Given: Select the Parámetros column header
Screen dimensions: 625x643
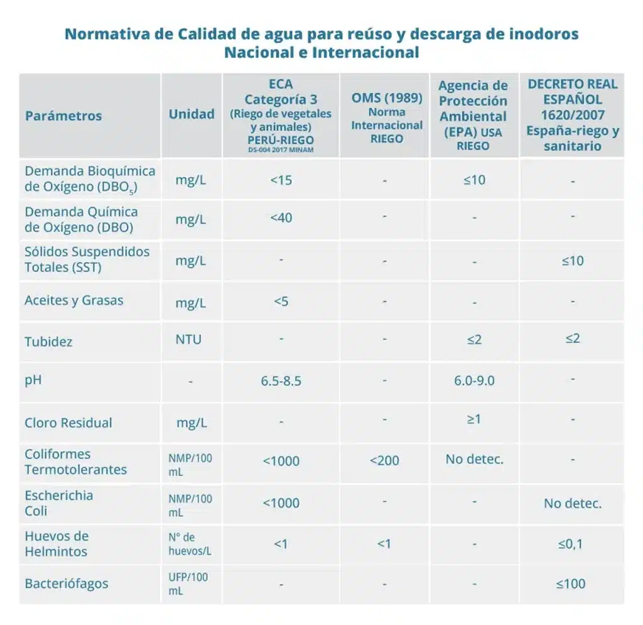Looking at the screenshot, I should pyautogui.click(x=63, y=116).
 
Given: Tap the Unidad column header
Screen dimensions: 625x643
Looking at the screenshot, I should pyautogui.click(x=192, y=114).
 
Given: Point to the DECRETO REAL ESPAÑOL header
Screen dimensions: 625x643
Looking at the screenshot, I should pyautogui.click(x=572, y=115).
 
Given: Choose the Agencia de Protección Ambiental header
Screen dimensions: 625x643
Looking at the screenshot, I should pyautogui.click(x=473, y=116).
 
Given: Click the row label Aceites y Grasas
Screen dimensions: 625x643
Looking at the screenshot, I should pyautogui.click(x=74, y=300).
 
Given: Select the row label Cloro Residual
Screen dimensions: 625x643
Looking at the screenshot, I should pyautogui.click(x=68, y=423).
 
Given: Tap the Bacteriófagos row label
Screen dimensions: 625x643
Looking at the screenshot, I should pyautogui.click(x=67, y=584).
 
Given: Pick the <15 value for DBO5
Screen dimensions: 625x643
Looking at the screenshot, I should pyautogui.click(x=281, y=180).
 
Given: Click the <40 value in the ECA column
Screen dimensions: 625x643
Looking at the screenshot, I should pyautogui.click(x=281, y=218).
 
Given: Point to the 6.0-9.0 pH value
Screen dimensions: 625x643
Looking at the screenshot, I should pyautogui.click(x=474, y=381).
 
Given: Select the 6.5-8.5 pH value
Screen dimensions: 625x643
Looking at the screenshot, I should pyautogui.click(x=281, y=381).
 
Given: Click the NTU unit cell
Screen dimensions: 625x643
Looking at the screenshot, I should pyautogui.click(x=188, y=340).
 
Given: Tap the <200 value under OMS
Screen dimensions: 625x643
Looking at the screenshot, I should pyautogui.click(x=384, y=461).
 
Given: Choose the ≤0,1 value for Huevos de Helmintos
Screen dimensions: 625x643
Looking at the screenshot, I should pyautogui.click(x=571, y=544).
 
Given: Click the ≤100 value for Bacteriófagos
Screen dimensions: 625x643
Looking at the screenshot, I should pyautogui.click(x=571, y=584).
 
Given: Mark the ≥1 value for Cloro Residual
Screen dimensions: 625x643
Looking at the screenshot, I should pyautogui.click(x=474, y=419).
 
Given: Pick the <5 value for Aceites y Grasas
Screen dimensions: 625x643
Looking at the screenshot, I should pyautogui.click(x=281, y=302).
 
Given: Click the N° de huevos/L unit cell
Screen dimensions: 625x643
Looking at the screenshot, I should pyautogui.click(x=190, y=544).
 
